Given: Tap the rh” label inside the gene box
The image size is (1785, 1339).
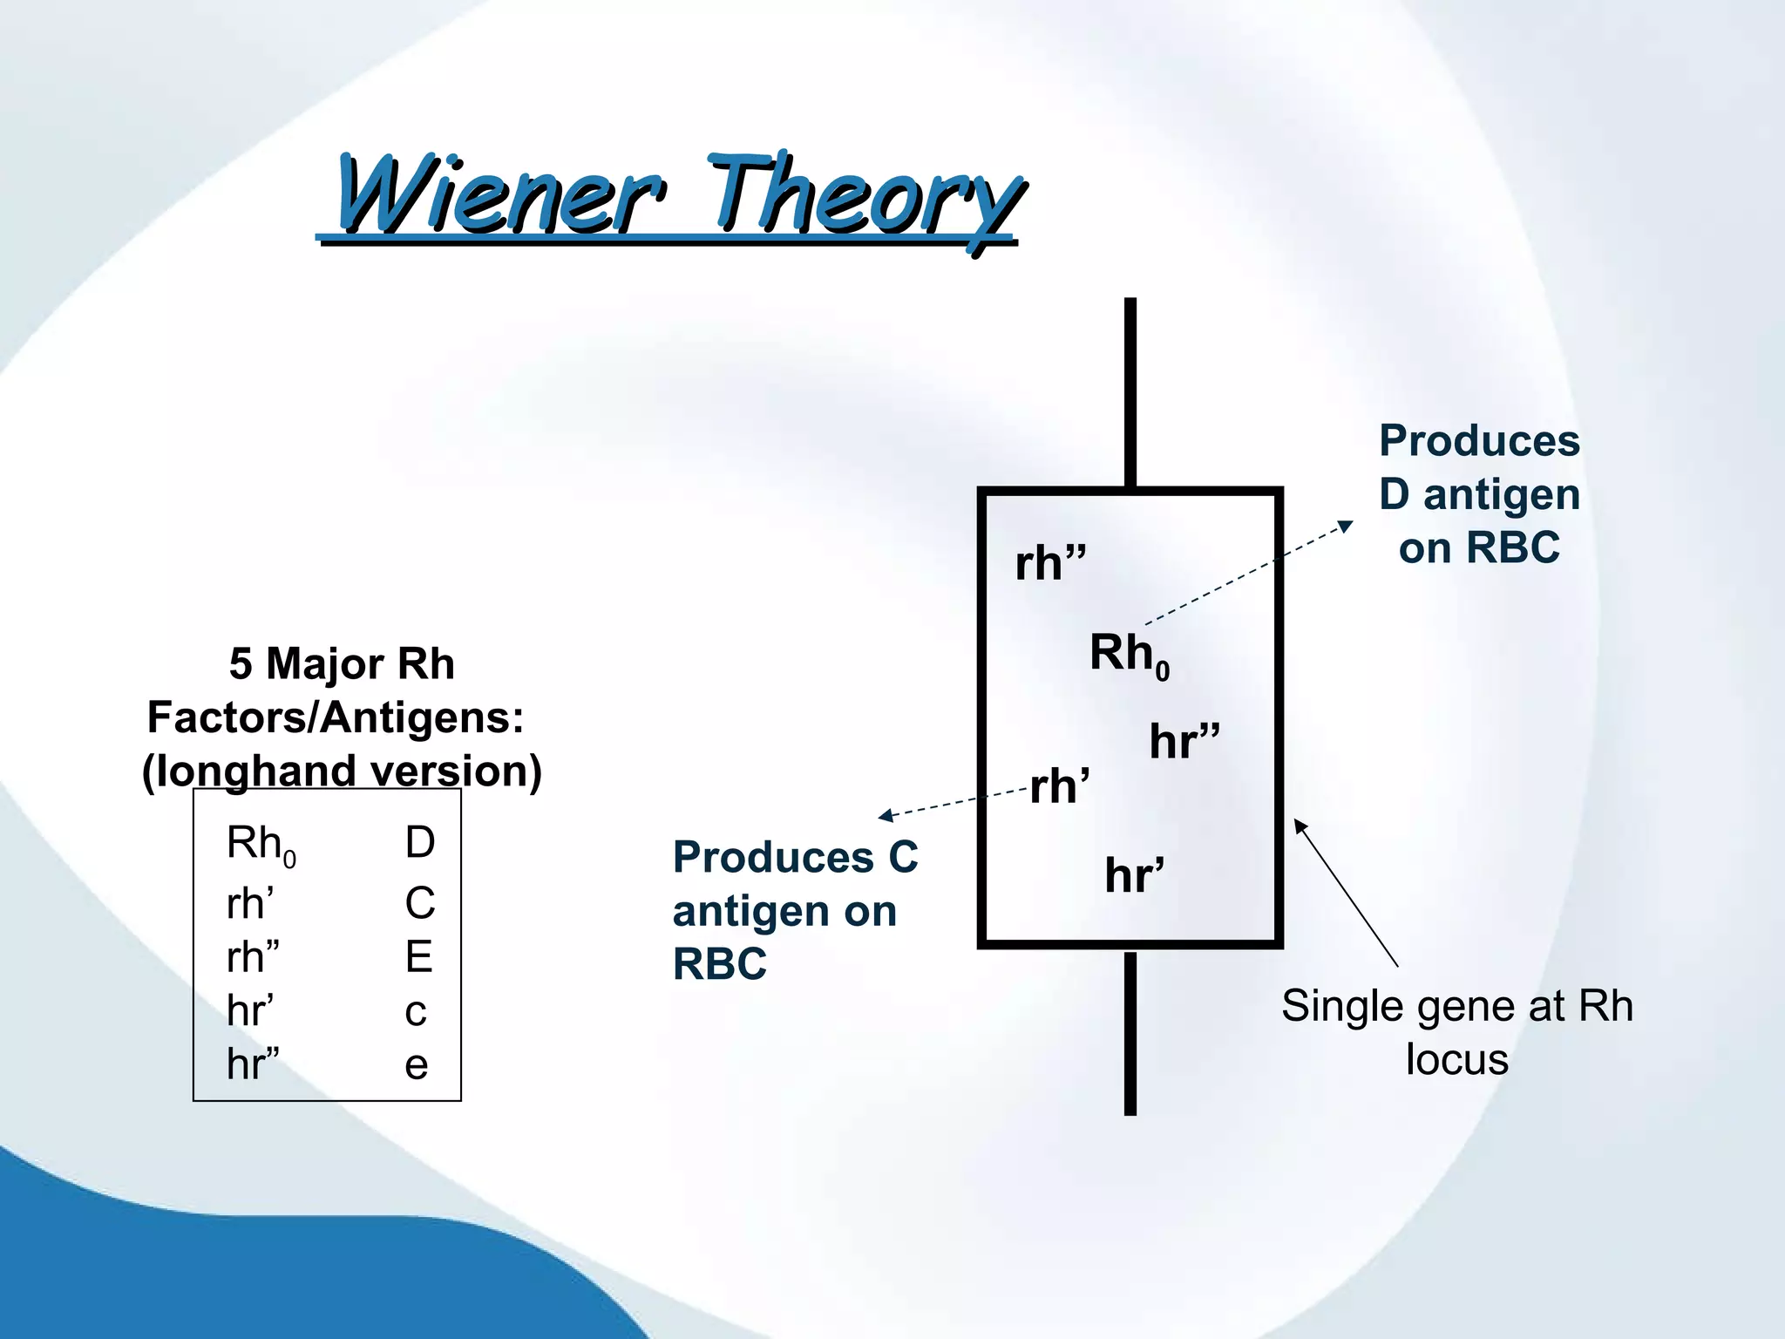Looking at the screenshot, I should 1050,563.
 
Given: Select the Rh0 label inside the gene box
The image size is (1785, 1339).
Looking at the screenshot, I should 1128,654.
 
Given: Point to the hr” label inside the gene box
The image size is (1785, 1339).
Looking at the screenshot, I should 1184,742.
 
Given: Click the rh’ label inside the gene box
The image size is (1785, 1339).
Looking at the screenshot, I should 1059,787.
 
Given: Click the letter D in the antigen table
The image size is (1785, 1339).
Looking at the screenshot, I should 419,843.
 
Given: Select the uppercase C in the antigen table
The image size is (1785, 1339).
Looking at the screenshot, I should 419,903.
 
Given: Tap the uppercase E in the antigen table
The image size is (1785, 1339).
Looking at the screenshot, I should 418,957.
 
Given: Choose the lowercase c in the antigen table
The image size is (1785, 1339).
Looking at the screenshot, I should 416,1012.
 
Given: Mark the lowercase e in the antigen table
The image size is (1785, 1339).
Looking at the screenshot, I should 416,1065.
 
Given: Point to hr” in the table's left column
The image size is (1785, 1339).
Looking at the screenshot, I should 253,1064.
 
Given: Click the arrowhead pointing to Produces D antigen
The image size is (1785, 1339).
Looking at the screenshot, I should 1347,526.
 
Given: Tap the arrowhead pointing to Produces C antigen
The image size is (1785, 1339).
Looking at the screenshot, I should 886,816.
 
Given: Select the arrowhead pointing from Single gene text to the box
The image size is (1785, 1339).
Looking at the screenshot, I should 1300,826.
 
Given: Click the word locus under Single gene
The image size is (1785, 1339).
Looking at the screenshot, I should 1456,1060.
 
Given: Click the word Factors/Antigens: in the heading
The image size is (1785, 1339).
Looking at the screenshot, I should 336,717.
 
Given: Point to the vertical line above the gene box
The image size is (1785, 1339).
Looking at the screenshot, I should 1130,392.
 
